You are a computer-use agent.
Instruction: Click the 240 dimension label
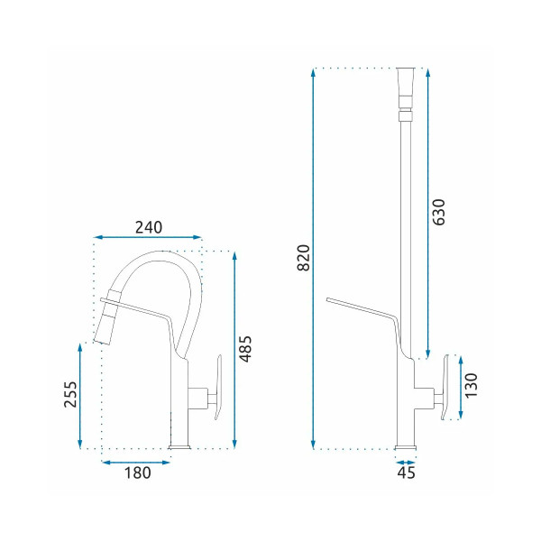click(149, 227)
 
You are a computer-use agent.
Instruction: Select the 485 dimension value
click(246, 349)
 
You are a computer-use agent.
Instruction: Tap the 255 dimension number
click(70, 394)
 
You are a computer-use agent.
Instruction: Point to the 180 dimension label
click(137, 472)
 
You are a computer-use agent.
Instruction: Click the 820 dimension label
click(304, 258)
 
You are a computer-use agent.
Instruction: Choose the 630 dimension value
click(439, 212)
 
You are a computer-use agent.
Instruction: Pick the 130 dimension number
click(471, 385)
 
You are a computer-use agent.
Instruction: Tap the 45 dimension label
click(406, 472)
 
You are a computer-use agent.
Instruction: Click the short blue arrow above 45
click(406, 463)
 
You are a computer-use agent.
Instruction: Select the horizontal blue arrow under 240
click(147, 237)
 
